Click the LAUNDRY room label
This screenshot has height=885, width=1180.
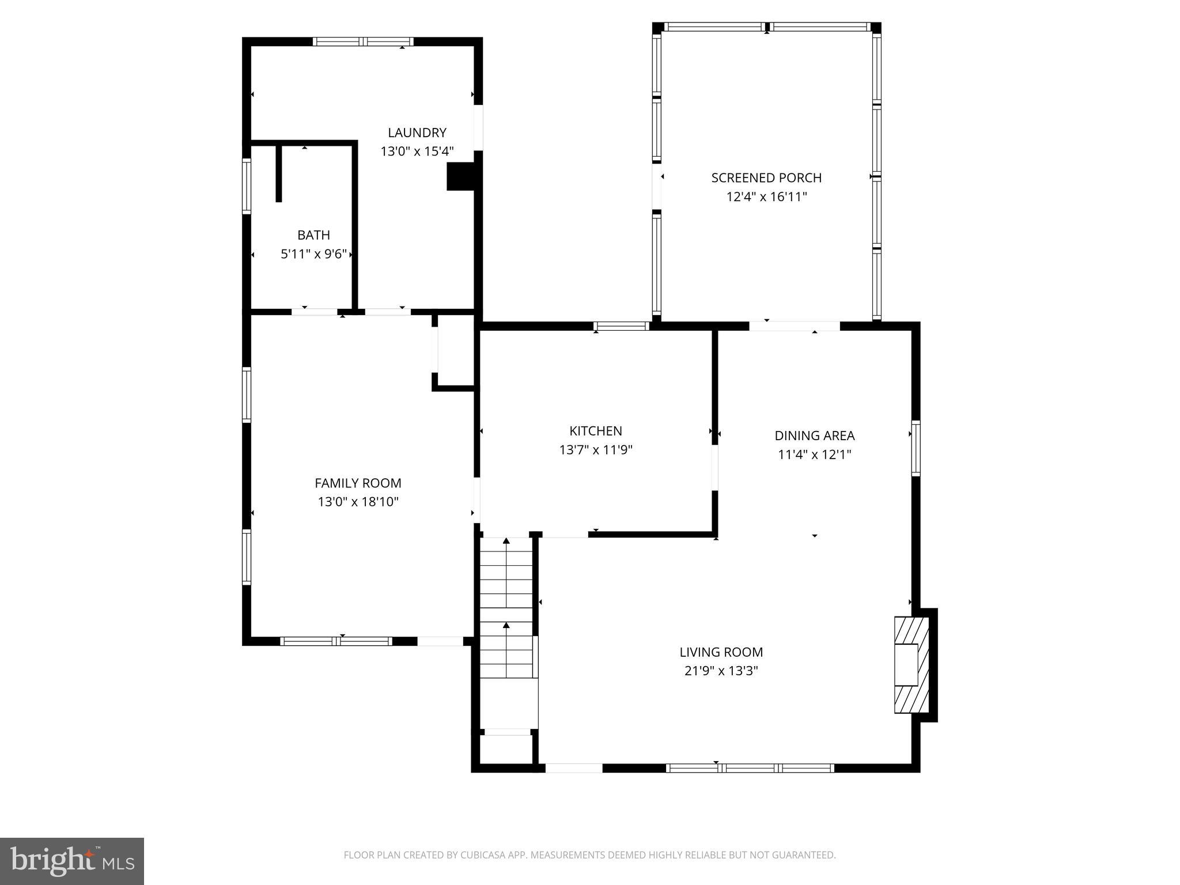pos(417,133)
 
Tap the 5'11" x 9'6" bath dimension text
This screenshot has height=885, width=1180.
pos(313,254)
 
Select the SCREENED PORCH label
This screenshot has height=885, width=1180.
pos(766,178)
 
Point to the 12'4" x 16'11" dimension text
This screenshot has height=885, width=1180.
pos(766,197)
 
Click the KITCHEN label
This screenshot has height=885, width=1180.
pos(595,431)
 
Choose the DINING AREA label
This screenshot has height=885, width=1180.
pos(814,436)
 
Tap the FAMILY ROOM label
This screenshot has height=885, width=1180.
pos(358,483)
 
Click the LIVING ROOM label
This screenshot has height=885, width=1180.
pos(721,652)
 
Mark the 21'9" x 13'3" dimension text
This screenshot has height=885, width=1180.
pos(721,671)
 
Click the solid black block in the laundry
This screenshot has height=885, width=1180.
pos(460,176)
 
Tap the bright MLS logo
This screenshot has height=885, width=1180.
pos(71,861)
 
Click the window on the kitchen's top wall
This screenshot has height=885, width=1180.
pos(622,326)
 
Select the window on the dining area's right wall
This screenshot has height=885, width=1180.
pos(916,448)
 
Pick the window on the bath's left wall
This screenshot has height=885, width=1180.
pos(247,186)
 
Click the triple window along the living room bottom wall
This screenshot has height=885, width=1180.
pos(750,767)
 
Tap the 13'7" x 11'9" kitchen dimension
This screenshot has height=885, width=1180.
pos(595,450)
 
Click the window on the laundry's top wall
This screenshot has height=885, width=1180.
pos(363,41)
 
